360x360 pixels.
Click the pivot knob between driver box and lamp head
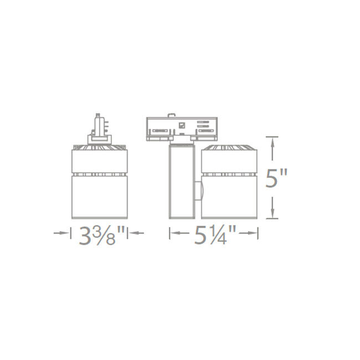click(200, 192)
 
